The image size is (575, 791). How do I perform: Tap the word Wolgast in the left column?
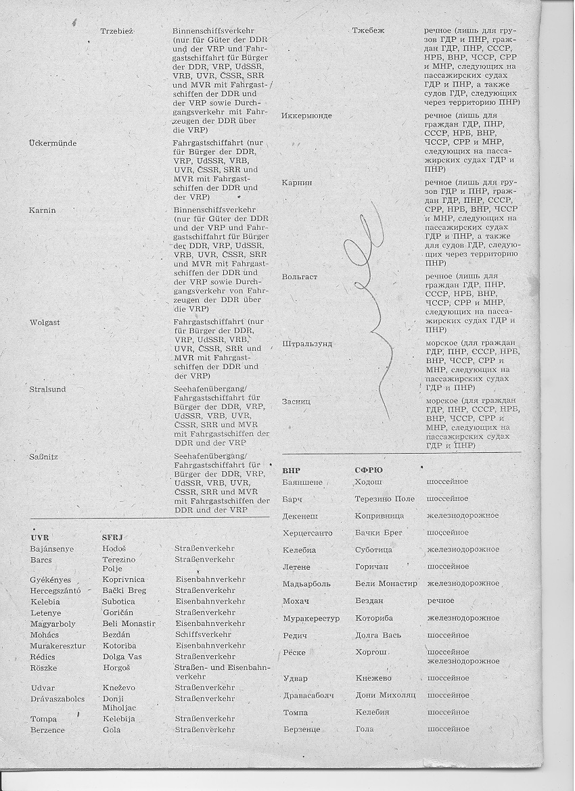[45, 322]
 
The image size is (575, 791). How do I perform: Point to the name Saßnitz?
[44, 456]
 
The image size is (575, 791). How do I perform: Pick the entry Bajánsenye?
[52, 548]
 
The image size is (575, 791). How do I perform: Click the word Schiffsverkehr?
[203, 635]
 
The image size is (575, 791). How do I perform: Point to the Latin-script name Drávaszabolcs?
[57, 698]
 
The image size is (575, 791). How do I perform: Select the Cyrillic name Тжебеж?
[369, 31]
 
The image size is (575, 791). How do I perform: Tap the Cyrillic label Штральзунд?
[307, 343]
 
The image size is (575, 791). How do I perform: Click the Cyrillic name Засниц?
[296, 402]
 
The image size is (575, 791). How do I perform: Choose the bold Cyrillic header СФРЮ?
[369, 469]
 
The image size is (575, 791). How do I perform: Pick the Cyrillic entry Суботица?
[373, 550]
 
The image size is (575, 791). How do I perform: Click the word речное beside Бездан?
[440, 600]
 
